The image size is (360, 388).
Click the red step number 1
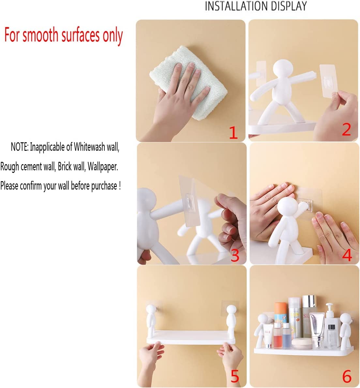point(233,133)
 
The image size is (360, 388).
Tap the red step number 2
point(346,129)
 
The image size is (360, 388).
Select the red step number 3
point(235,256)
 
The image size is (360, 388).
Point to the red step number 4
point(347,255)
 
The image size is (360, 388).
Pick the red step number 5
point(235,377)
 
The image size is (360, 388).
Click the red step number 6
point(347,377)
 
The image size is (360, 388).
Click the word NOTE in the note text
point(19,147)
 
